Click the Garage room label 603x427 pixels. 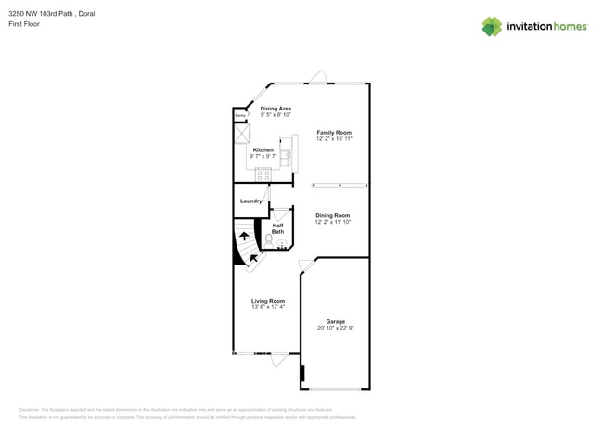tap(335, 321)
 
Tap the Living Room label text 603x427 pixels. tap(268, 301)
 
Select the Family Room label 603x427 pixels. tap(334, 133)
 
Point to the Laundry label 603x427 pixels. tap(250, 201)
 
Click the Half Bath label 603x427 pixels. tap(277, 227)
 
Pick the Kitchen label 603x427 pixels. tap(263, 149)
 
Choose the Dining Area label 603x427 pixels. tap(276, 109)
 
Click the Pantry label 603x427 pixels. tap(239, 116)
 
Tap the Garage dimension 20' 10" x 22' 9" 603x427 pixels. tap(335, 328)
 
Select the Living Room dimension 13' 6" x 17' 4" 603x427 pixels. tap(268, 307)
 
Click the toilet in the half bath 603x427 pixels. tap(269, 240)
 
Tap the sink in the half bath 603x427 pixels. tap(282, 244)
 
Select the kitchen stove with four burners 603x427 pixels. tap(263, 174)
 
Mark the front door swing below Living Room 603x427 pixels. tap(279, 359)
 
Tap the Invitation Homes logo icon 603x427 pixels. tap(491, 26)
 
